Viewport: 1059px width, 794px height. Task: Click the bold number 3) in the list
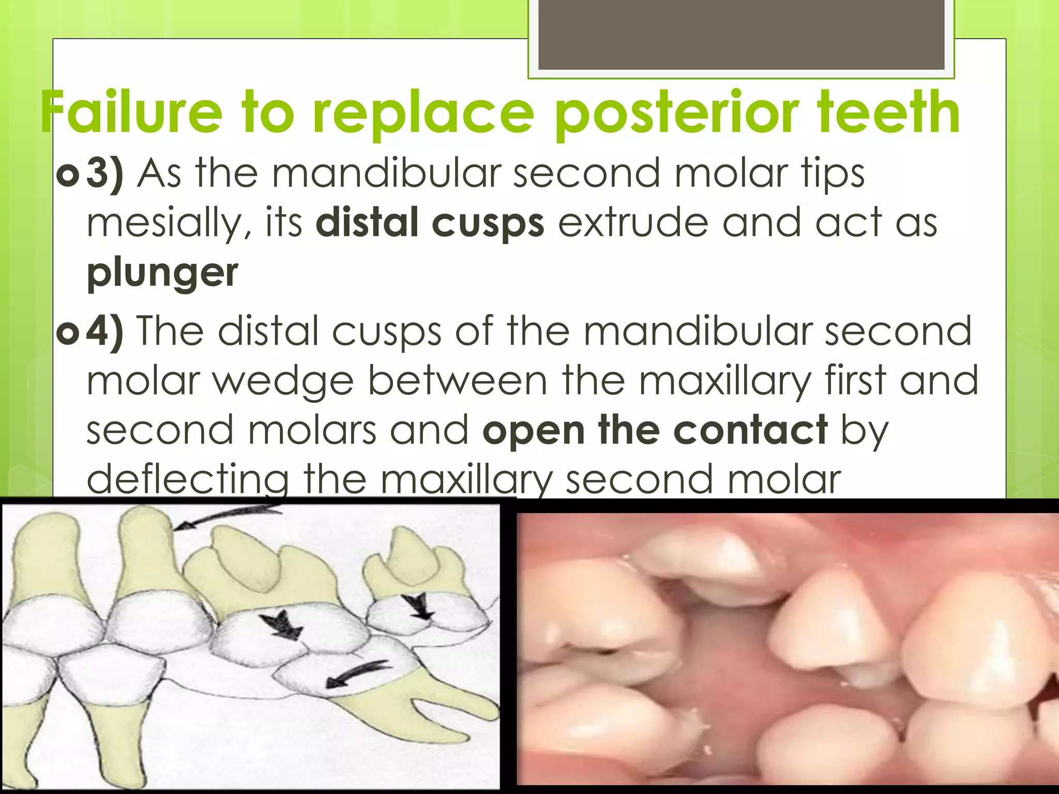tap(105, 174)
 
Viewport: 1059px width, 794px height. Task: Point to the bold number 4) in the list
tap(105, 331)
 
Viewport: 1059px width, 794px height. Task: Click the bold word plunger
tap(162, 273)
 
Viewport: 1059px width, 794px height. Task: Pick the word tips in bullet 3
tap(833, 174)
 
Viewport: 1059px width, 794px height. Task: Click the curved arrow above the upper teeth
tap(228, 517)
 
